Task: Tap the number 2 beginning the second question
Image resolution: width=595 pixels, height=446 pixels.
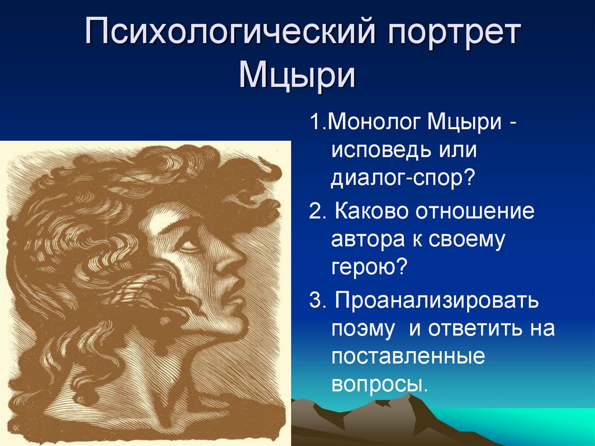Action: coord(314,212)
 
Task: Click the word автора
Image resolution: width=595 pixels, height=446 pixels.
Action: coord(370,239)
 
